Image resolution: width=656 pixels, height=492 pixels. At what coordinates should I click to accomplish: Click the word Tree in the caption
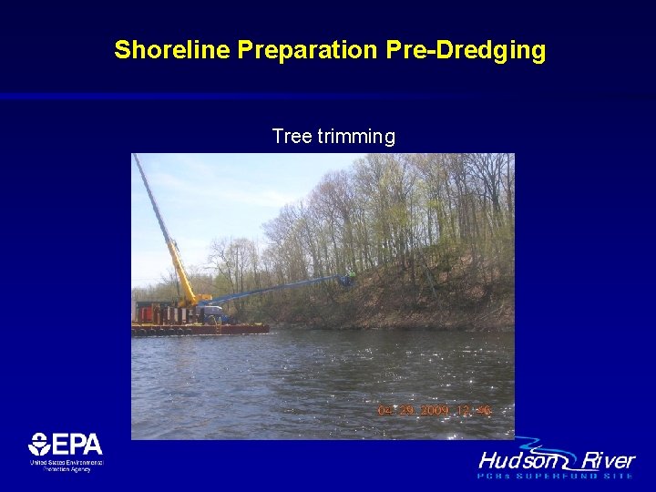[291, 137]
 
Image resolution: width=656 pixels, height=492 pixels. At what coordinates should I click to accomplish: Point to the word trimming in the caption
[355, 137]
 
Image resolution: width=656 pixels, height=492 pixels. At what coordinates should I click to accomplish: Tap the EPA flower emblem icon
[39, 445]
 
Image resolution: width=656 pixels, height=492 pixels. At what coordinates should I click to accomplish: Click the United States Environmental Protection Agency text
[66, 465]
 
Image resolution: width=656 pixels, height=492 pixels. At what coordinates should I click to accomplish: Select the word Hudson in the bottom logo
[515, 460]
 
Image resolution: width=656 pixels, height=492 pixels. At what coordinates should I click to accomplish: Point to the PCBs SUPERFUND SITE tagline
[556, 476]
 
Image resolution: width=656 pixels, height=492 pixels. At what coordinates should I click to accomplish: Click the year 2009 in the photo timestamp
[435, 411]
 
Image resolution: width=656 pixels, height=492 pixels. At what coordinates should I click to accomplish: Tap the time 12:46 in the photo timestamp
[476, 411]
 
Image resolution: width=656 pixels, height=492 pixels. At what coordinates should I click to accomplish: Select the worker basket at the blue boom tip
[347, 278]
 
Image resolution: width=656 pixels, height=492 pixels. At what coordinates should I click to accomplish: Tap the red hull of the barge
[200, 329]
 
